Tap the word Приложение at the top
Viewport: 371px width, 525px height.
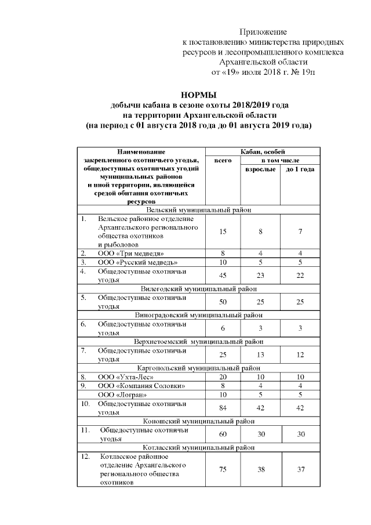pos(264,31)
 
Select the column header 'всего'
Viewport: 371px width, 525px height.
pos(223,160)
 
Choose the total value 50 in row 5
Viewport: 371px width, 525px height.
pos(223,301)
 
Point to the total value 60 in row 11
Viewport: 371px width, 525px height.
pos(223,434)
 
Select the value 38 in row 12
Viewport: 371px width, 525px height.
pos(261,469)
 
